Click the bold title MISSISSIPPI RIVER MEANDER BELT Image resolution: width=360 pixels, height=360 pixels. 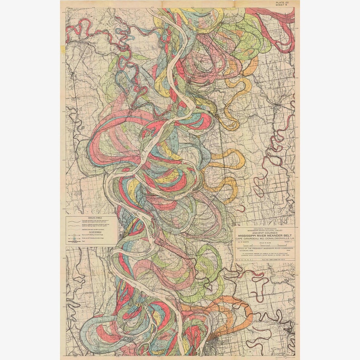tap(265, 236)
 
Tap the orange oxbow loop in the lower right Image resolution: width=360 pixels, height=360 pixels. tap(238, 313)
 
